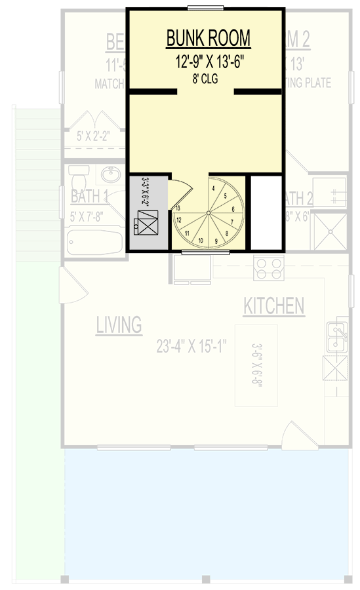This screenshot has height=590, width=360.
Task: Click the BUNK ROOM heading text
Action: [208, 39]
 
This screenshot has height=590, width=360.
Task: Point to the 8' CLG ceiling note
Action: [205, 79]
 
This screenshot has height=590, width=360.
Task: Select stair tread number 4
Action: [213, 187]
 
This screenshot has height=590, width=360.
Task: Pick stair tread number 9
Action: [216, 241]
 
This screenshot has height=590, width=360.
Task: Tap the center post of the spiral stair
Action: [207, 214]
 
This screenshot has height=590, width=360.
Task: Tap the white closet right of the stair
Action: [265, 213]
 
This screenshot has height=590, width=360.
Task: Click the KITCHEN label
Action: [273, 306]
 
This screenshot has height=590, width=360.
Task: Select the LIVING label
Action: [119, 324]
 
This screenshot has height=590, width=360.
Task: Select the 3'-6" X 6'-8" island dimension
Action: [258, 364]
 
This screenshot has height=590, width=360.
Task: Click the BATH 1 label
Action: [89, 196]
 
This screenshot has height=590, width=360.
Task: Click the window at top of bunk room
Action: [205, 8]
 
